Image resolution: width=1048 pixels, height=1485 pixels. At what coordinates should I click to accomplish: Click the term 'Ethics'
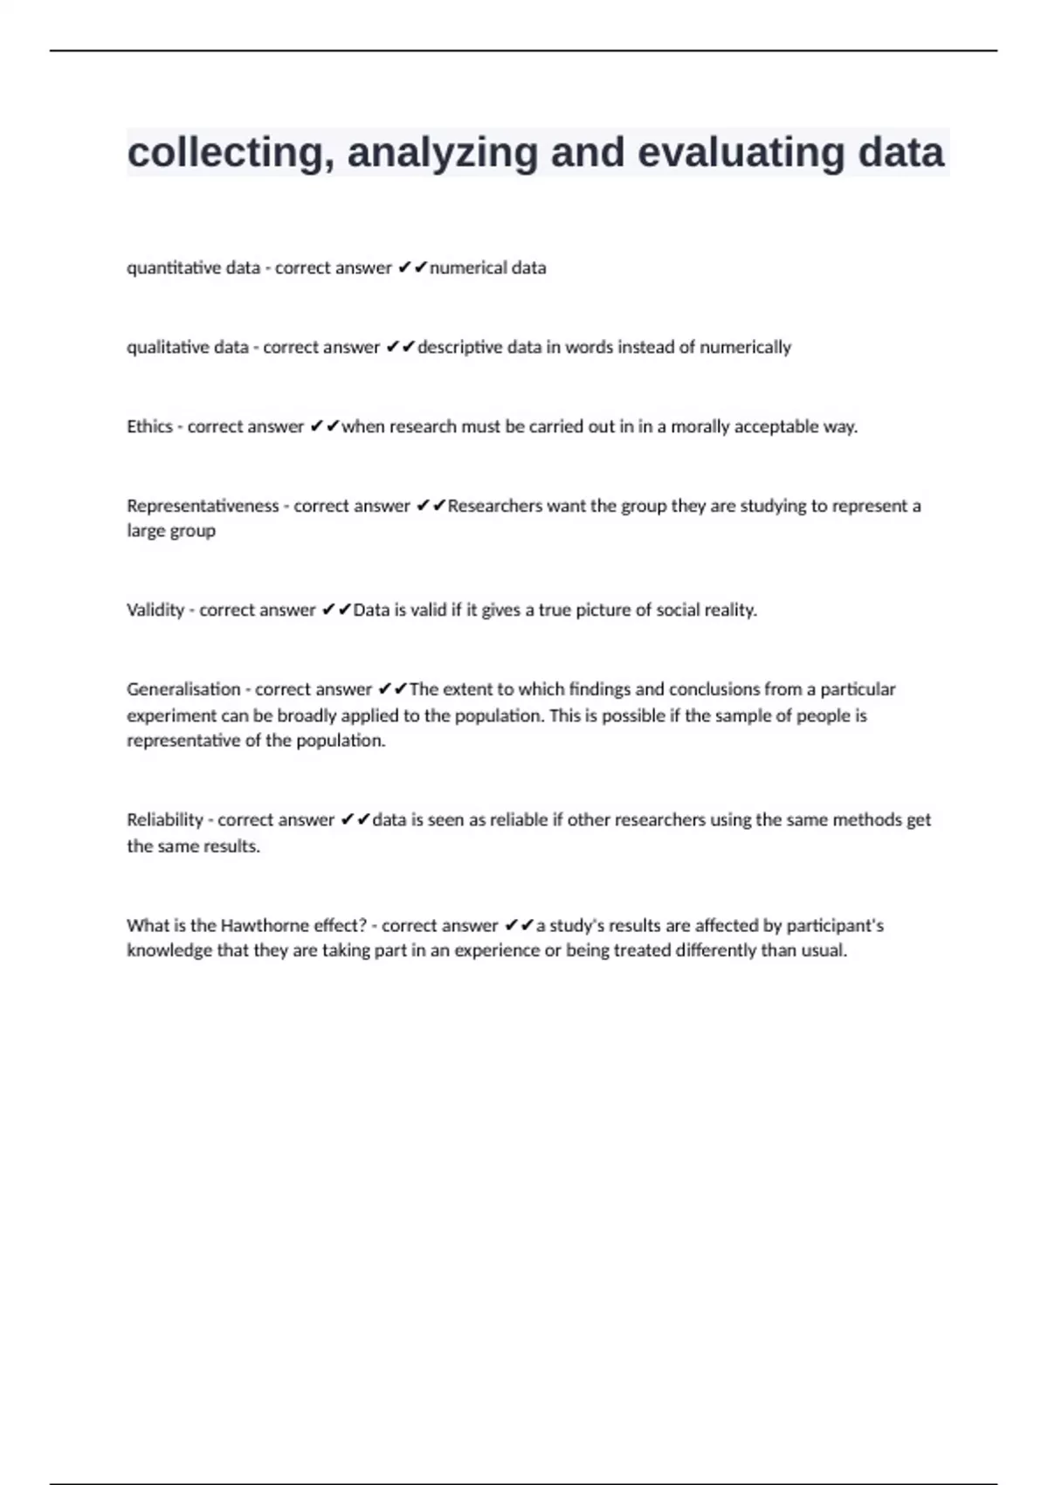149,427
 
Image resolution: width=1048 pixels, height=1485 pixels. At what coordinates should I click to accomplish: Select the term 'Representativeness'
203,507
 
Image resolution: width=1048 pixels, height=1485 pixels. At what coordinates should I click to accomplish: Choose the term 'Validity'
155,611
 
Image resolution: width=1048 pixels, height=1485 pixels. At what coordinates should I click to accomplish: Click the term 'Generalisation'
183,690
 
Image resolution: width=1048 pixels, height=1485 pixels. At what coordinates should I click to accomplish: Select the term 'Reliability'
165,820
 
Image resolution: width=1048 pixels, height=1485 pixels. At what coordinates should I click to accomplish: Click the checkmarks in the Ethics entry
325,427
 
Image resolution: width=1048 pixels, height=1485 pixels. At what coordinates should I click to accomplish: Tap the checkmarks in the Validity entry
336,611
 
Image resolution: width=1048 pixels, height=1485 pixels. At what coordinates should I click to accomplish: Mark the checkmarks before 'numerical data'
412,268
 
